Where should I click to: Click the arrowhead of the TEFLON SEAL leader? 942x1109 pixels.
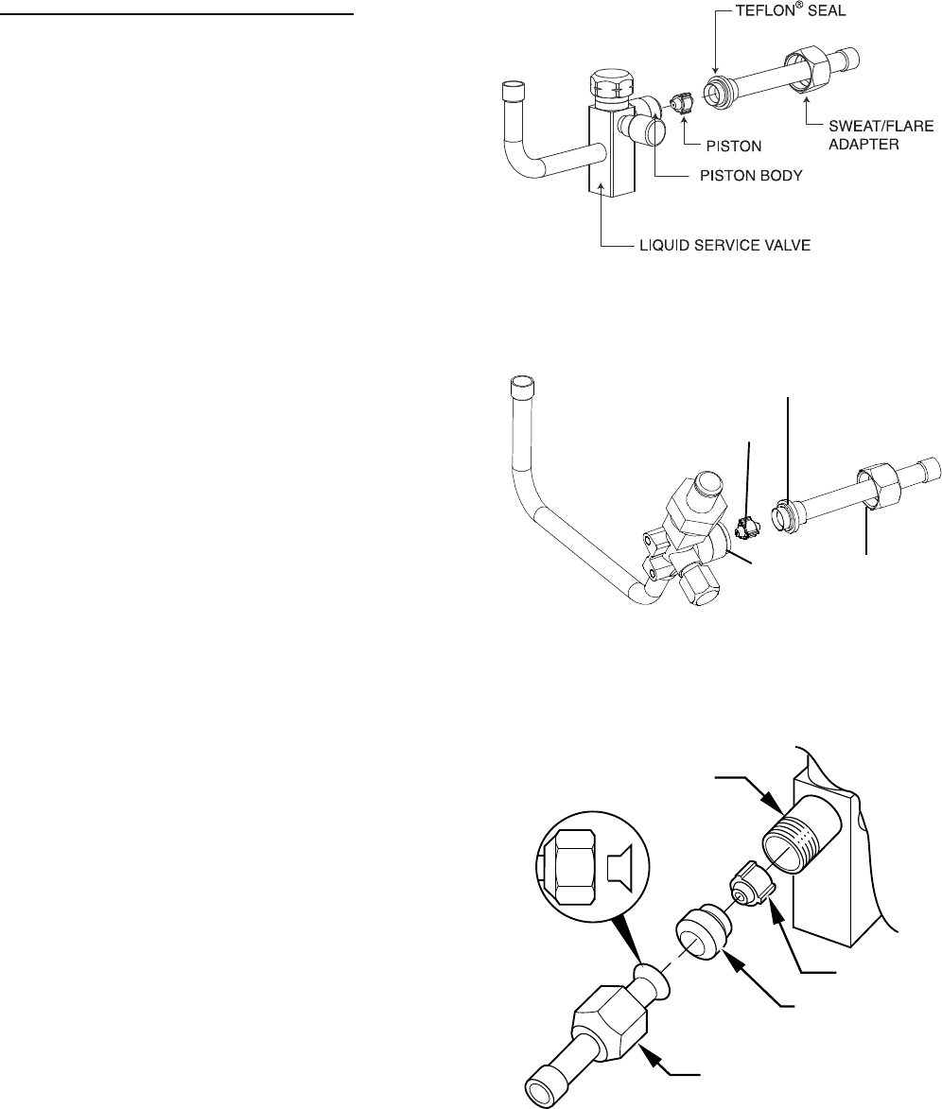[x=716, y=74]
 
